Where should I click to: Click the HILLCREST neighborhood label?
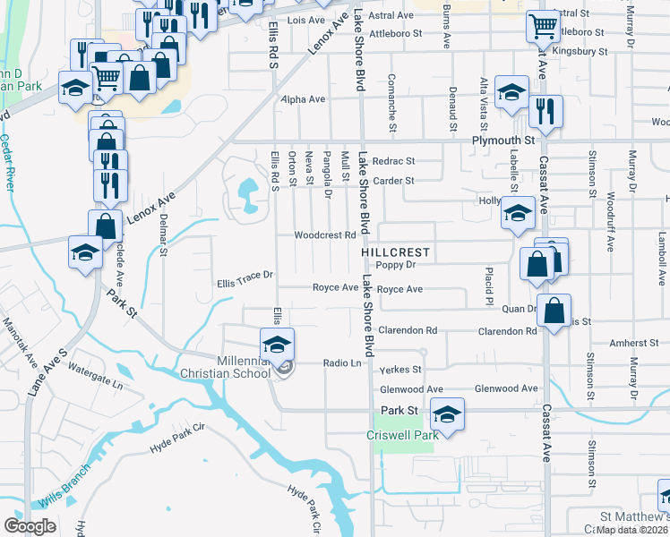click(x=397, y=253)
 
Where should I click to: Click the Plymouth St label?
click(x=502, y=141)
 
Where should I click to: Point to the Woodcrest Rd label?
click(x=326, y=235)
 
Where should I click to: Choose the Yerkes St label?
click(x=400, y=369)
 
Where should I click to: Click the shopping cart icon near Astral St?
click(x=543, y=27)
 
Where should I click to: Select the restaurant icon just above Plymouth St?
click(x=545, y=111)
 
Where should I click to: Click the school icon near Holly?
click(x=517, y=215)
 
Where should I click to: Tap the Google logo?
click(x=30, y=525)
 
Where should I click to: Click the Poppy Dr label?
click(x=397, y=265)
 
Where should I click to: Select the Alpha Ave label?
click(x=303, y=99)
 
